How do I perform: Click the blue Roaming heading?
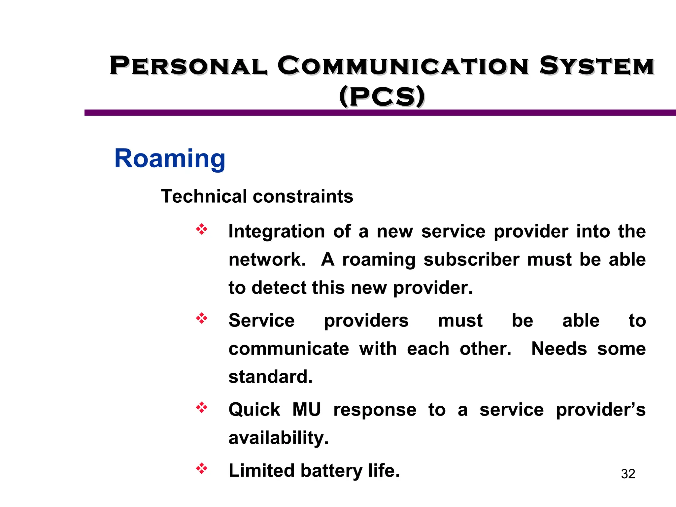click(x=170, y=159)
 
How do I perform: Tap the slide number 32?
click(x=628, y=474)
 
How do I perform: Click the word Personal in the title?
click(x=188, y=66)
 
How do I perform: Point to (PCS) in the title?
click(x=382, y=96)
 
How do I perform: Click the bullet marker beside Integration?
click(x=202, y=229)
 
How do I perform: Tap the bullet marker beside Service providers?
click(x=202, y=319)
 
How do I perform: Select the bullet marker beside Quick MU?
click(x=202, y=408)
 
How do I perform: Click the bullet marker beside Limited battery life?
click(x=202, y=468)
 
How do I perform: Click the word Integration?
click(x=277, y=231)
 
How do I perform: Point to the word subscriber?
click(x=471, y=259)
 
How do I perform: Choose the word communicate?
click(x=289, y=349)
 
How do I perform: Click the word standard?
click(x=270, y=377)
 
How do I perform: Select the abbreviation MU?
click(x=307, y=410)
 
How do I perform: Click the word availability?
click(x=279, y=438)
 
